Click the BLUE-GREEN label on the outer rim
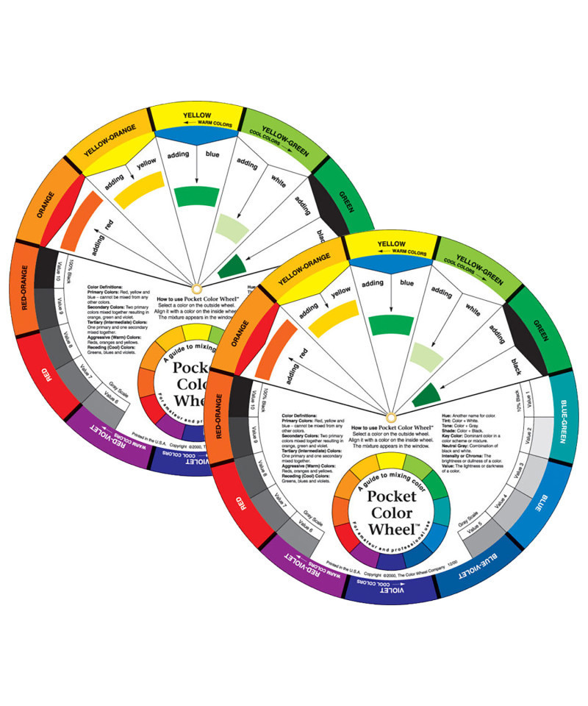[x=561, y=421]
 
